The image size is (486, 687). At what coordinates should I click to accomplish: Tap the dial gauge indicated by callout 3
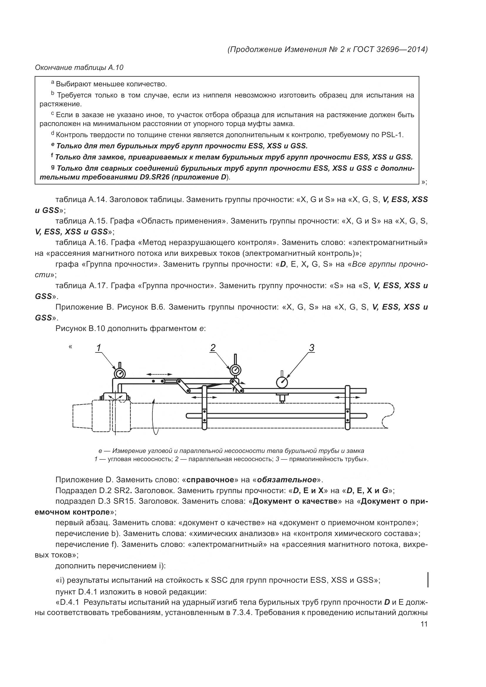(x=282, y=382)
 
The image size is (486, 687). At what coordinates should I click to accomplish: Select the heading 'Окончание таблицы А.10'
(x=79, y=68)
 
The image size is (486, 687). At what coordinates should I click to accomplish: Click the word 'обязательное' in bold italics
(x=287, y=480)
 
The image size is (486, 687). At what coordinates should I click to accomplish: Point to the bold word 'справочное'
(x=210, y=480)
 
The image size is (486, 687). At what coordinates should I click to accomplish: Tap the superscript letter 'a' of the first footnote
(x=53, y=82)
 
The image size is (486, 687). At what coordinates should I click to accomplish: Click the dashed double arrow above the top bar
(x=159, y=374)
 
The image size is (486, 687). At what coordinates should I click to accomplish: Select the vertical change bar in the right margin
(x=428, y=580)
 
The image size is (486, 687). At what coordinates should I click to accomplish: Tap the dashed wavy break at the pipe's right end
(x=388, y=416)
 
